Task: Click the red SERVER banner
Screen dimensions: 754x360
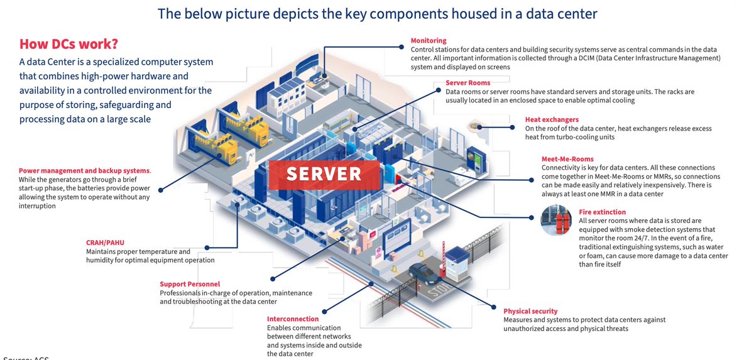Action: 324,175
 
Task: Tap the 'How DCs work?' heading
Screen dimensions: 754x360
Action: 68,44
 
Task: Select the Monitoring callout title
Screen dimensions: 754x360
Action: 429,41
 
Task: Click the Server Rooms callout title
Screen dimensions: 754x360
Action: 468,83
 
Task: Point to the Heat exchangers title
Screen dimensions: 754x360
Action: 552,119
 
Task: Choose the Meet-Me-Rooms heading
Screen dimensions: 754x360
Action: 567,159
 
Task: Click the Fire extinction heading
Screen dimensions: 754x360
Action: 602,212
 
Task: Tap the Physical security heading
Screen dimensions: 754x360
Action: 530,311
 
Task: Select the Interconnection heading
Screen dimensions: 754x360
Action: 293,319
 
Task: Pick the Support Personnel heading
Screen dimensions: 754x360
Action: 190,284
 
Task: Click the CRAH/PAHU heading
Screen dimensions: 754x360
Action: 105,243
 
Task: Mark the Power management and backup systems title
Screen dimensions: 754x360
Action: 84,171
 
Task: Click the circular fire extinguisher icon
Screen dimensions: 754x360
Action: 556,220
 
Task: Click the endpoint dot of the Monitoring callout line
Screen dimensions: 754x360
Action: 402,47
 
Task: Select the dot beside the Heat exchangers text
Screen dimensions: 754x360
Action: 512,128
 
